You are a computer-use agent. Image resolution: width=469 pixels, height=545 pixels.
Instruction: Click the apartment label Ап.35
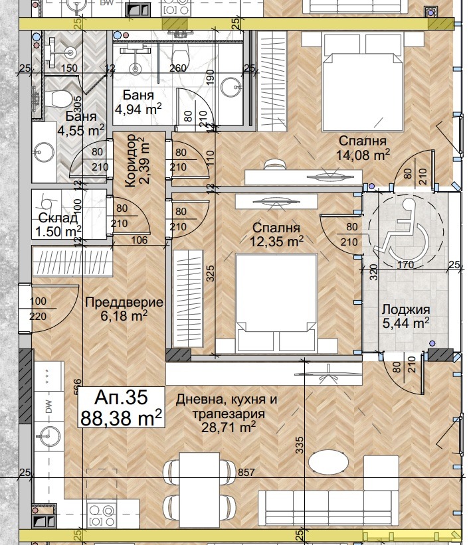point(120,398)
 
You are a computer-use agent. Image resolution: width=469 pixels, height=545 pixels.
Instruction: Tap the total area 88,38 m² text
point(121,418)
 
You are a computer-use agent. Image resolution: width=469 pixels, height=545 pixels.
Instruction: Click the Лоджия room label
point(405,309)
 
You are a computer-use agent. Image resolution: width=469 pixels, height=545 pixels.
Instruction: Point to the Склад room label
point(58,218)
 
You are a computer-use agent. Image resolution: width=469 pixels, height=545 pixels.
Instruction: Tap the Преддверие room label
point(124,303)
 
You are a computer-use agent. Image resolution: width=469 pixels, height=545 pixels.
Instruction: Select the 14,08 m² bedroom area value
point(363,155)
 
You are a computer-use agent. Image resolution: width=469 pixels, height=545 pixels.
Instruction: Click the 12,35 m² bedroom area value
point(277,240)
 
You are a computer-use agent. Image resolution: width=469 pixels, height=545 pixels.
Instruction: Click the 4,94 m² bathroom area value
point(138,109)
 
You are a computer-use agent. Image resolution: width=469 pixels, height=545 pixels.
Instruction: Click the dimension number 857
point(246,473)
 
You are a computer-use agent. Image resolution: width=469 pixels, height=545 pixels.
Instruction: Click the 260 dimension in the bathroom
point(177,68)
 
